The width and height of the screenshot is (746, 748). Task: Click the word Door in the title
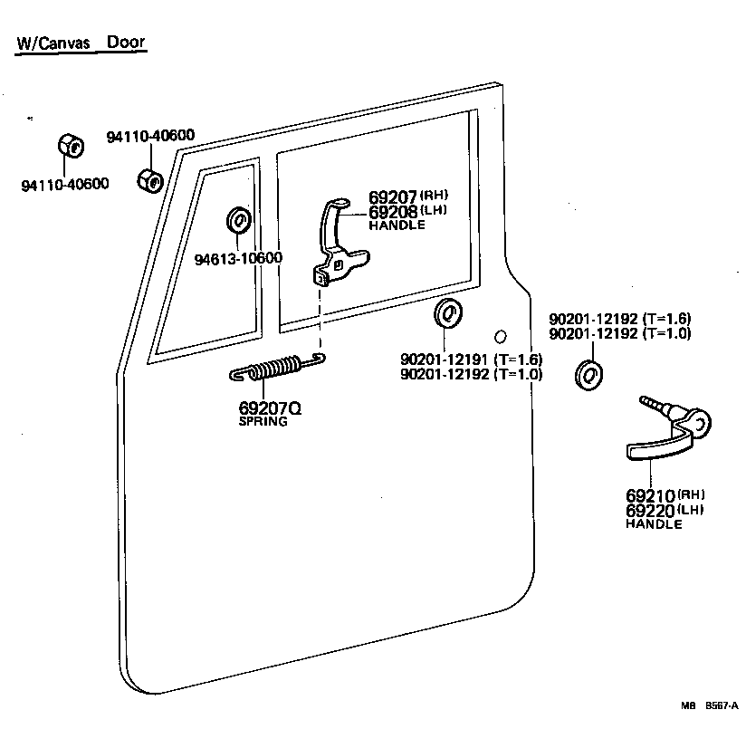pyautogui.click(x=126, y=43)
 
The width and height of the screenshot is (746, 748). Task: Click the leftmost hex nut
pyautogui.click(x=71, y=146)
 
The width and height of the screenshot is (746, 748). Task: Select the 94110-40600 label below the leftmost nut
pyautogui.click(x=64, y=185)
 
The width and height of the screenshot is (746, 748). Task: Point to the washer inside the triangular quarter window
pyautogui.click(x=237, y=220)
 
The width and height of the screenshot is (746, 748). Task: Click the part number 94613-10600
pyautogui.click(x=238, y=258)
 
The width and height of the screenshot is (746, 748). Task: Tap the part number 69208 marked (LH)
pyautogui.click(x=390, y=212)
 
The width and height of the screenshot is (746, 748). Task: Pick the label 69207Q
pyautogui.click(x=270, y=408)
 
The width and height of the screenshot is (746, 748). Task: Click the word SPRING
pyautogui.click(x=263, y=422)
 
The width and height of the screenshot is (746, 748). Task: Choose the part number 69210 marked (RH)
pyautogui.click(x=650, y=496)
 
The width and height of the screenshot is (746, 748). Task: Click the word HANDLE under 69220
pyautogui.click(x=654, y=524)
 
